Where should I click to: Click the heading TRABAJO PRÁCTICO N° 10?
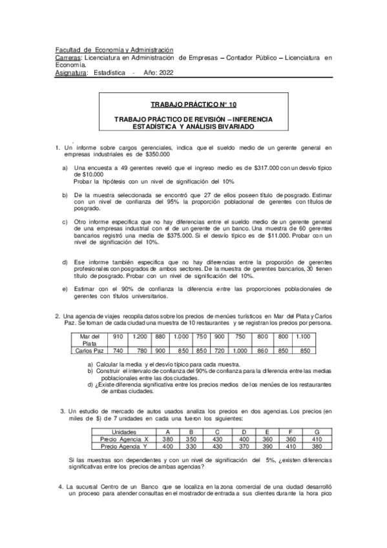193,104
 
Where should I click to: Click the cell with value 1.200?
139,337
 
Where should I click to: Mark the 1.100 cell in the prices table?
302,337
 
